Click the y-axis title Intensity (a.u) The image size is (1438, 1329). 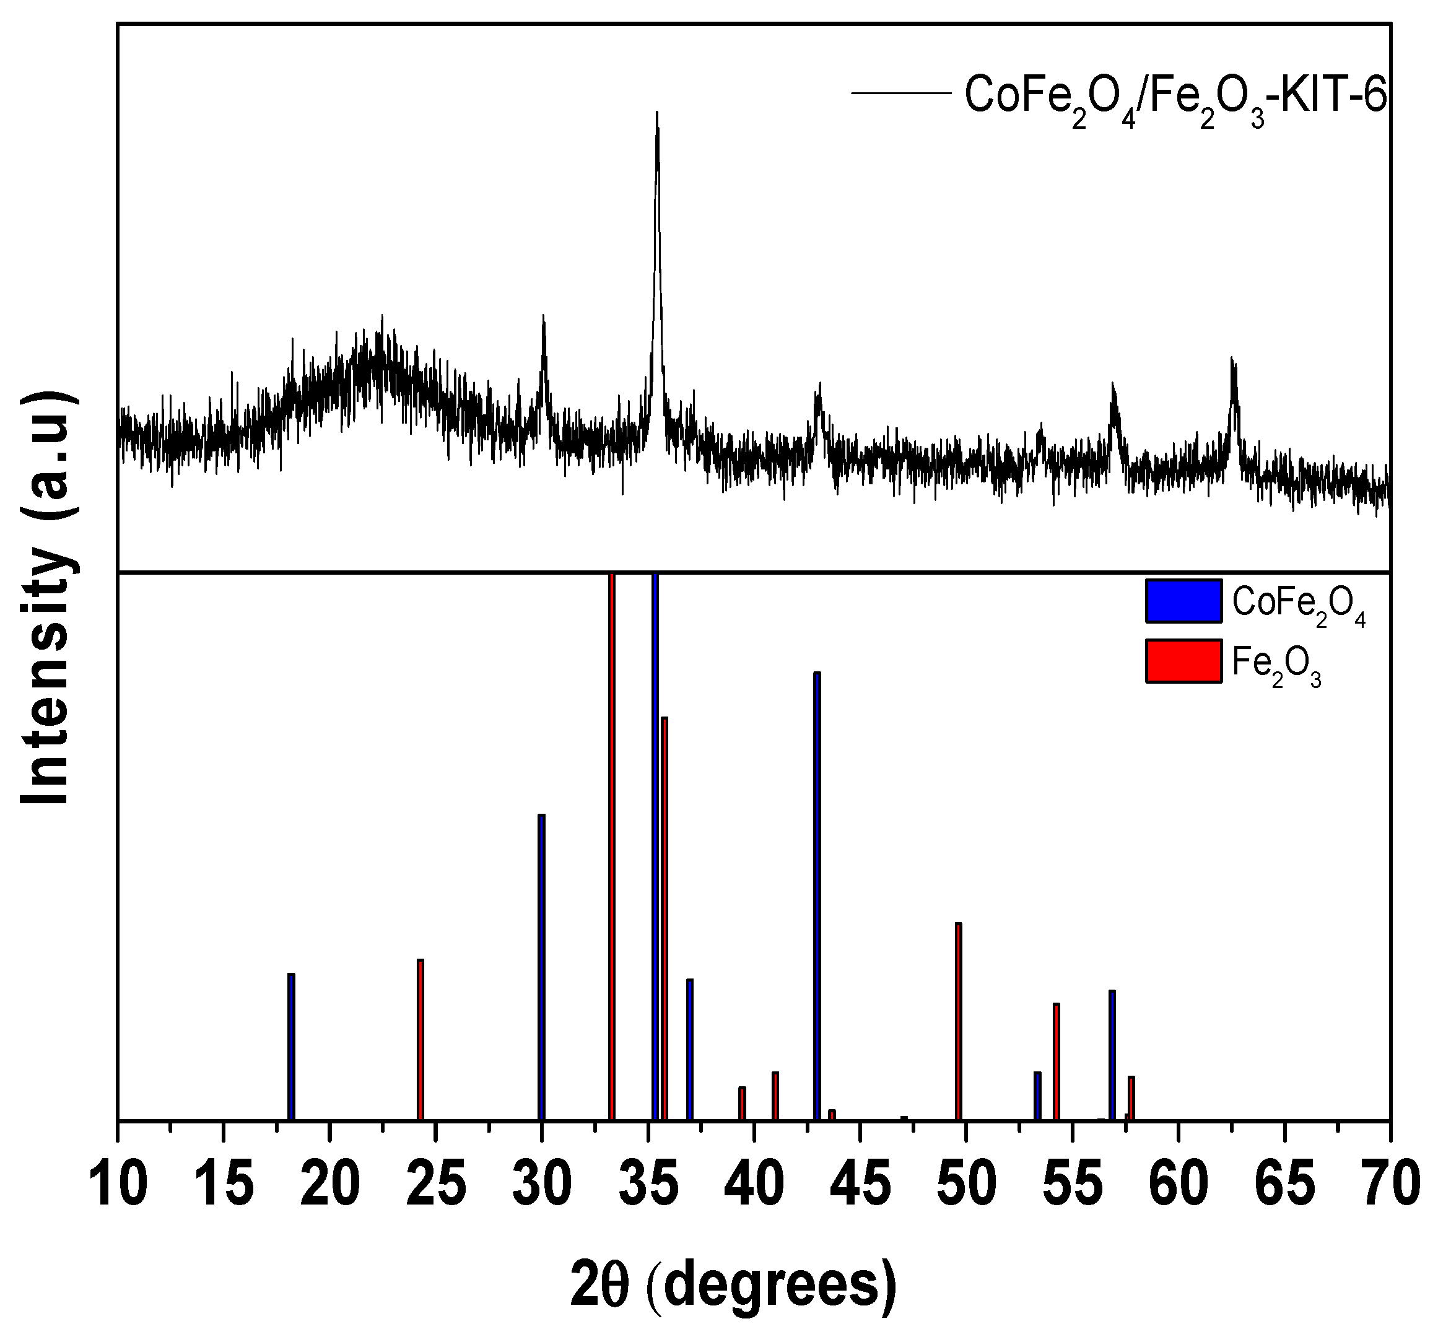click(46, 597)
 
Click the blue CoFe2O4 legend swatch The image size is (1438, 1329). click(1183, 601)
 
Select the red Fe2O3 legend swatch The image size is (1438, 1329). click(1183, 660)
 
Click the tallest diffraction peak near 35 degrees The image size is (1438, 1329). click(656, 115)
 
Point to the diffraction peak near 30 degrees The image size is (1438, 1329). click(544, 318)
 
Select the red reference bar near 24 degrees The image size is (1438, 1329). click(421, 1039)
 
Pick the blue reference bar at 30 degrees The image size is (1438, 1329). click(541, 967)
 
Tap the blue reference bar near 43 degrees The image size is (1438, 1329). click(817, 895)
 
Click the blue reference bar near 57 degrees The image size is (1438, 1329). click(1112, 1054)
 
